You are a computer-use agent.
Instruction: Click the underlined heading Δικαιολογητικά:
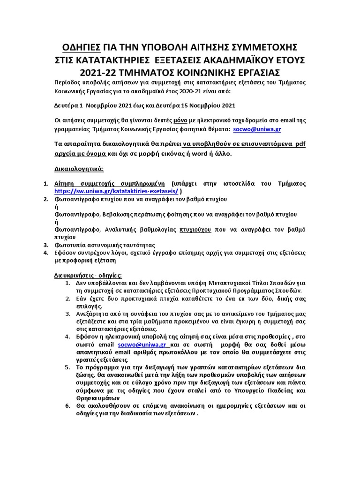pos(77,168)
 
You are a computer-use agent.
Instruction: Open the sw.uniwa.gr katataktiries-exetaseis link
pos(116,191)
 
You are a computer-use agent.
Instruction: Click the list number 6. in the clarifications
pos(68,405)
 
